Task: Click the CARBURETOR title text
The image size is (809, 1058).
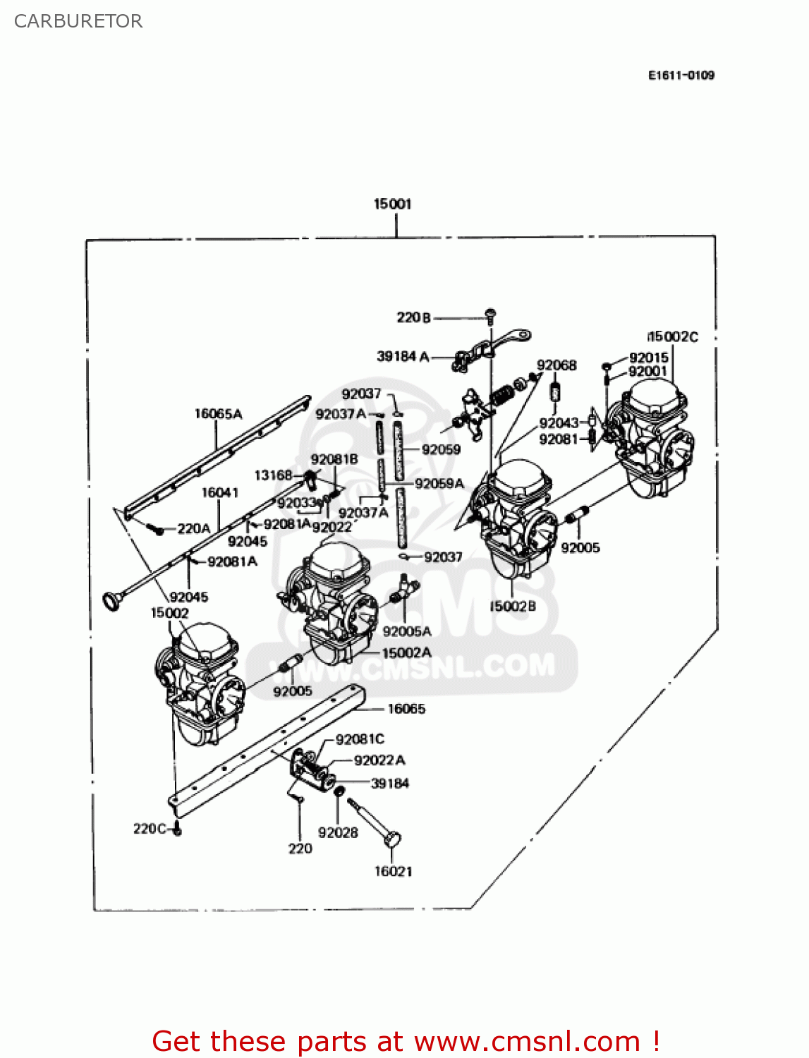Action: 78,21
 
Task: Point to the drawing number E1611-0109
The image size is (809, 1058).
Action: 681,75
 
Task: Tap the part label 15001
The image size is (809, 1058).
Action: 392,204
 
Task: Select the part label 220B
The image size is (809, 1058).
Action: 413,317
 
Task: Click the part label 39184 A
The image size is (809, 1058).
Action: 403,356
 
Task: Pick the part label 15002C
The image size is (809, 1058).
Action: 673,336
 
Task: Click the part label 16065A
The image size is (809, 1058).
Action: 218,413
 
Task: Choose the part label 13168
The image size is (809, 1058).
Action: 273,475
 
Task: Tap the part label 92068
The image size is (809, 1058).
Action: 556,365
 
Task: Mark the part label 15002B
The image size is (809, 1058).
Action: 513,606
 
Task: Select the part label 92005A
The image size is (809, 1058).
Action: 407,631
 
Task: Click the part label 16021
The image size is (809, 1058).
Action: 393,871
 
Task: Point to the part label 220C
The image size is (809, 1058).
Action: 150,828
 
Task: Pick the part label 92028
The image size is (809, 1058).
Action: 338,832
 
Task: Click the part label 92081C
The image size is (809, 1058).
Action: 360,738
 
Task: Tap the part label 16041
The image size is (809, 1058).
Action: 220,492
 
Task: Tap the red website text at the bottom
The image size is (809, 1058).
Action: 406,1041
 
